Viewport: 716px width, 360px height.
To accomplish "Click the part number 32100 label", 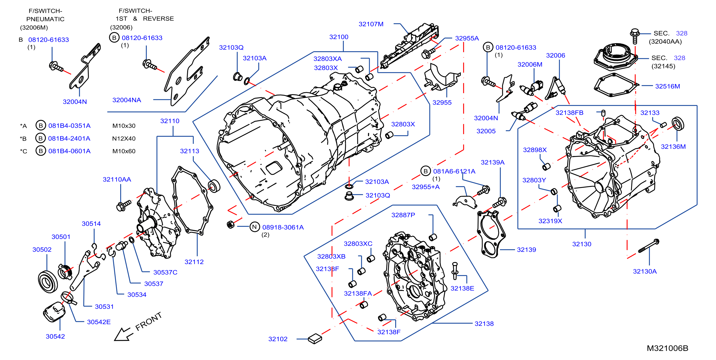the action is point(339,37).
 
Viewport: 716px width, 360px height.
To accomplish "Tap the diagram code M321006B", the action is point(667,348).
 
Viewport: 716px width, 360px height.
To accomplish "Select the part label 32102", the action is point(278,339).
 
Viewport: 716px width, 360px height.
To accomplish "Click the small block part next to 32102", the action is point(315,338).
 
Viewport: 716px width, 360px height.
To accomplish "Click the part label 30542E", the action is point(99,322).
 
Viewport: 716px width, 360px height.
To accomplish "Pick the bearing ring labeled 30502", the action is point(48,281).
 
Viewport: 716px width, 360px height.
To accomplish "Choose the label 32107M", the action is point(371,24).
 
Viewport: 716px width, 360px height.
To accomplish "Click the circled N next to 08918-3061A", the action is point(254,227).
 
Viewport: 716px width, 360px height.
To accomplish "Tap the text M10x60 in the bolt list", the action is point(124,151).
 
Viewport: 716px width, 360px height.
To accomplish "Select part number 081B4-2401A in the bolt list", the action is point(69,138).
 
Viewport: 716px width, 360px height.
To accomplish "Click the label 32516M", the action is point(667,86).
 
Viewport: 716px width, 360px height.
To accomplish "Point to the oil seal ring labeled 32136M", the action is point(678,124).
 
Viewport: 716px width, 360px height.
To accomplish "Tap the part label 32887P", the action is point(403,215).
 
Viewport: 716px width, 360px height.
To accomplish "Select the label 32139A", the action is point(492,162).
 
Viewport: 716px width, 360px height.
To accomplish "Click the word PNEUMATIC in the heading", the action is point(45,19).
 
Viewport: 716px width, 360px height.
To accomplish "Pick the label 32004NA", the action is point(126,100).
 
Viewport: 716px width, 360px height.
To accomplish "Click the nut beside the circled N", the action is point(230,224).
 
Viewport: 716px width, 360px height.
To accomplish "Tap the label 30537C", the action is point(165,272).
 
